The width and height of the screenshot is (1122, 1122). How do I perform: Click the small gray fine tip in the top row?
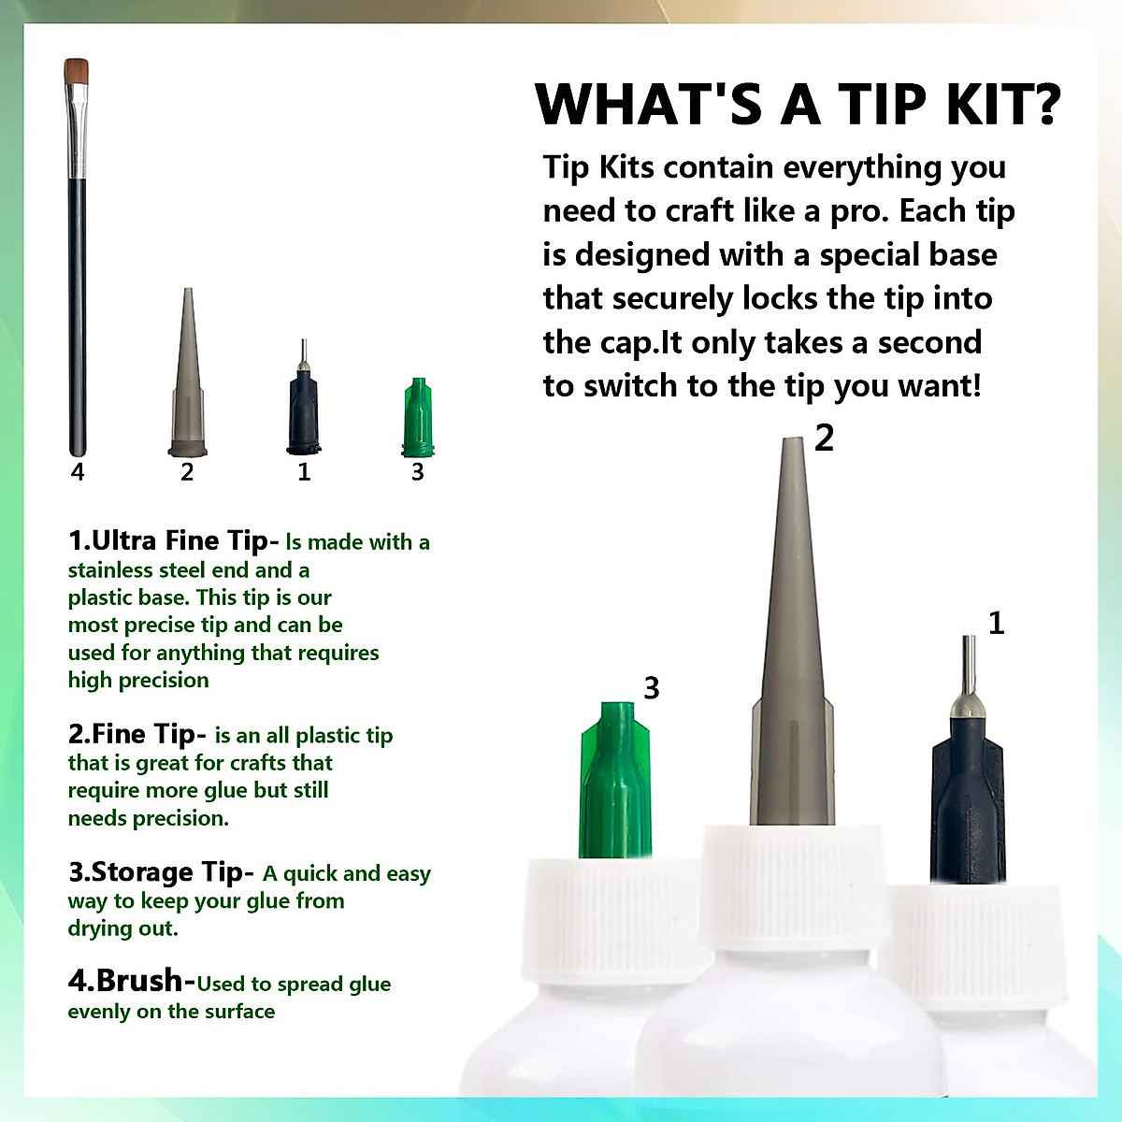coord(188,372)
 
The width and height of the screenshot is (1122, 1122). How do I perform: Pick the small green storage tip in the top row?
coord(417,417)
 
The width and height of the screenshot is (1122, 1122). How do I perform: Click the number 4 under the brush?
coord(78,471)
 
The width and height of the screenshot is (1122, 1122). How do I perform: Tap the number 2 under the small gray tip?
coord(186,471)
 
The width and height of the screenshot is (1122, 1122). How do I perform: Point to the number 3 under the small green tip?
coord(417,471)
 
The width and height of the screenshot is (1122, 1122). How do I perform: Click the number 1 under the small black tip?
coord(303,471)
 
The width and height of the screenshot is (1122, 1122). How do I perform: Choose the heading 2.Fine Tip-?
coord(137,734)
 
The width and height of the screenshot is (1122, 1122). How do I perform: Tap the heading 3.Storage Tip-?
coord(161,872)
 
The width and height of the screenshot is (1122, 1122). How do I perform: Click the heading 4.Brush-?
coord(132,981)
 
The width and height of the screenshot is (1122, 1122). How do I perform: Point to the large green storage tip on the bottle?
coord(615,780)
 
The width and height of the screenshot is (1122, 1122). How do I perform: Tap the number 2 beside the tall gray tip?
coord(824,438)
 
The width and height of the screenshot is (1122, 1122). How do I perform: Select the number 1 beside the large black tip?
coord(996,623)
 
